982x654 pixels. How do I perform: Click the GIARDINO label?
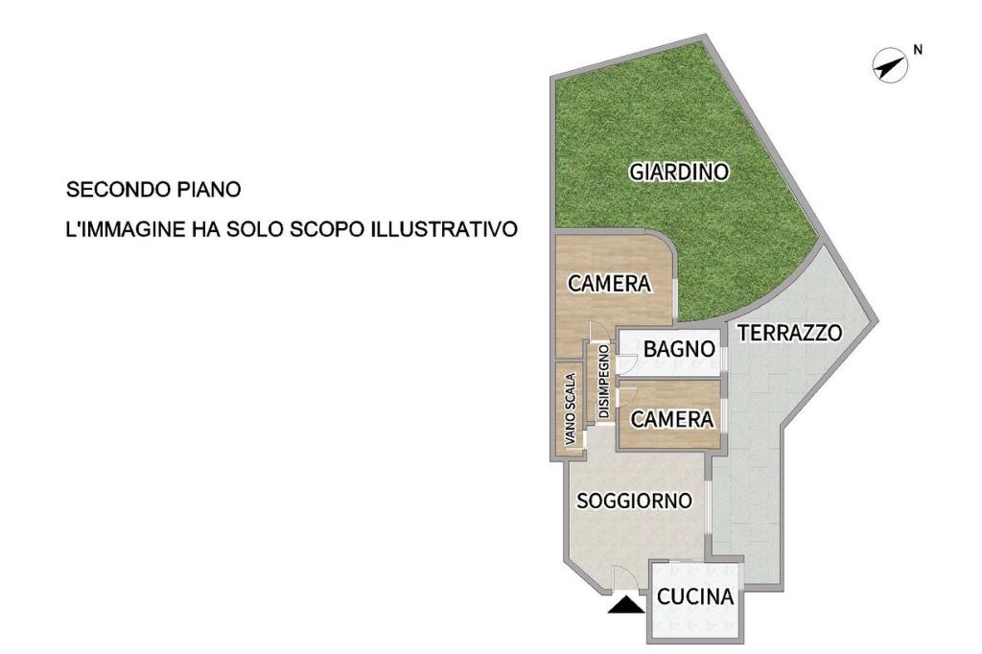pos(679,172)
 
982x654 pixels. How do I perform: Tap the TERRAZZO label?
pos(789,333)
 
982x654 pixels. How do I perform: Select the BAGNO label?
pos(680,349)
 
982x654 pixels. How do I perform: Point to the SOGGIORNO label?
pos(635,501)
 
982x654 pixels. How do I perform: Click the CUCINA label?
pos(695,596)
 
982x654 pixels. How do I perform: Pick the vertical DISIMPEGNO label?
pos(604,381)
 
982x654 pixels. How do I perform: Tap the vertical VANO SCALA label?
pos(570,409)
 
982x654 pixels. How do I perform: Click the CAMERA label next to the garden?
pos(609,283)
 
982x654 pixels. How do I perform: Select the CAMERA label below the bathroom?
pos(672,419)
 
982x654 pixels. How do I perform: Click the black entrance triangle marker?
pos(626,604)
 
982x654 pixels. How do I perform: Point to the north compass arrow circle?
pos(891,66)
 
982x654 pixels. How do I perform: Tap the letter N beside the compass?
pos(918,50)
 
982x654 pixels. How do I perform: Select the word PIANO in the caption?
pos(210,190)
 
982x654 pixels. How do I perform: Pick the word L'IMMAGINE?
pos(126,229)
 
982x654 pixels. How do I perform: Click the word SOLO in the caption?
pos(254,229)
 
